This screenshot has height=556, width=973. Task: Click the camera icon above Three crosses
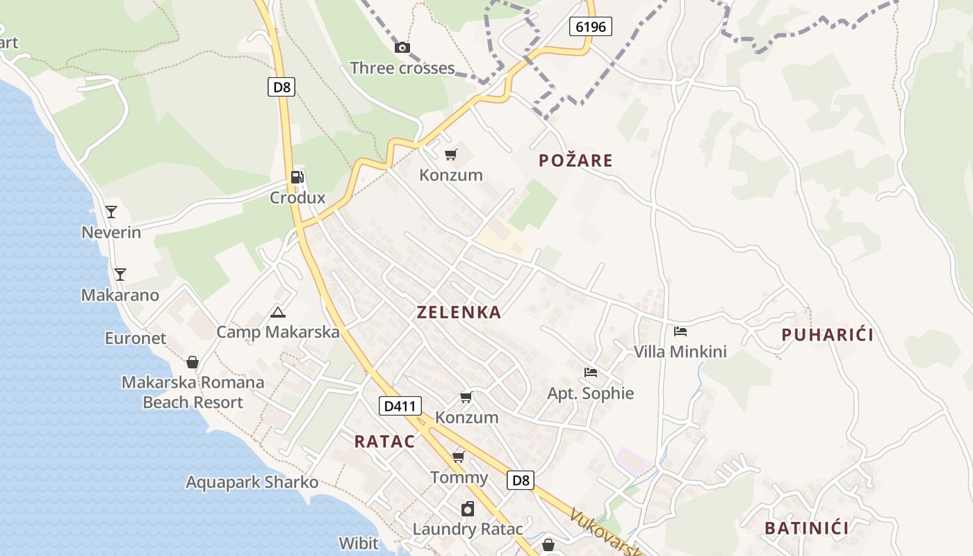click(x=402, y=47)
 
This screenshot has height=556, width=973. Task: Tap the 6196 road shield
click(x=591, y=27)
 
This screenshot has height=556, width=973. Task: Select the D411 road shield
click(x=400, y=406)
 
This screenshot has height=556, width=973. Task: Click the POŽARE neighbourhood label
click(x=575, y=161)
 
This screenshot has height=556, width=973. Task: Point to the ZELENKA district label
click(x=459, y=312)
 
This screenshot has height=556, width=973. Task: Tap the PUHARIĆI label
click(x=827, y=335)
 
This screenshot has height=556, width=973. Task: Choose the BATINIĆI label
click(x=806, y=528)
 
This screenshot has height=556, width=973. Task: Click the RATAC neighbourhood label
click(x=384, y=441)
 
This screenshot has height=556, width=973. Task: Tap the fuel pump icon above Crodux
click(x=297, y=177)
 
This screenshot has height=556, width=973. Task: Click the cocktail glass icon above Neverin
click(x=111, y=211)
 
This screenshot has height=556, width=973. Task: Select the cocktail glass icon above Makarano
click(x=120, y=274)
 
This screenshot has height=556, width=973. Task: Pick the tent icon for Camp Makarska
click(x=278, y=312)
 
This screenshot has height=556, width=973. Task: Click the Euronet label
click(x=136, y=338)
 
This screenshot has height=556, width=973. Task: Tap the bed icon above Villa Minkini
click(x=680, y=332)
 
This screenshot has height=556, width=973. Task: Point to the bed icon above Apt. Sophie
click(x=591, y=373)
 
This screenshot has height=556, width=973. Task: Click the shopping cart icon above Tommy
click(x=458, y=457)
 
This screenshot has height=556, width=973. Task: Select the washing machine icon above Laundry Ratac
click(x=468, y=509)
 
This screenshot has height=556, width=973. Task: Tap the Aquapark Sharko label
click(x=252, y=482)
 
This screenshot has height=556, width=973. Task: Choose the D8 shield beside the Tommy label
click(x=520, y=480)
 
